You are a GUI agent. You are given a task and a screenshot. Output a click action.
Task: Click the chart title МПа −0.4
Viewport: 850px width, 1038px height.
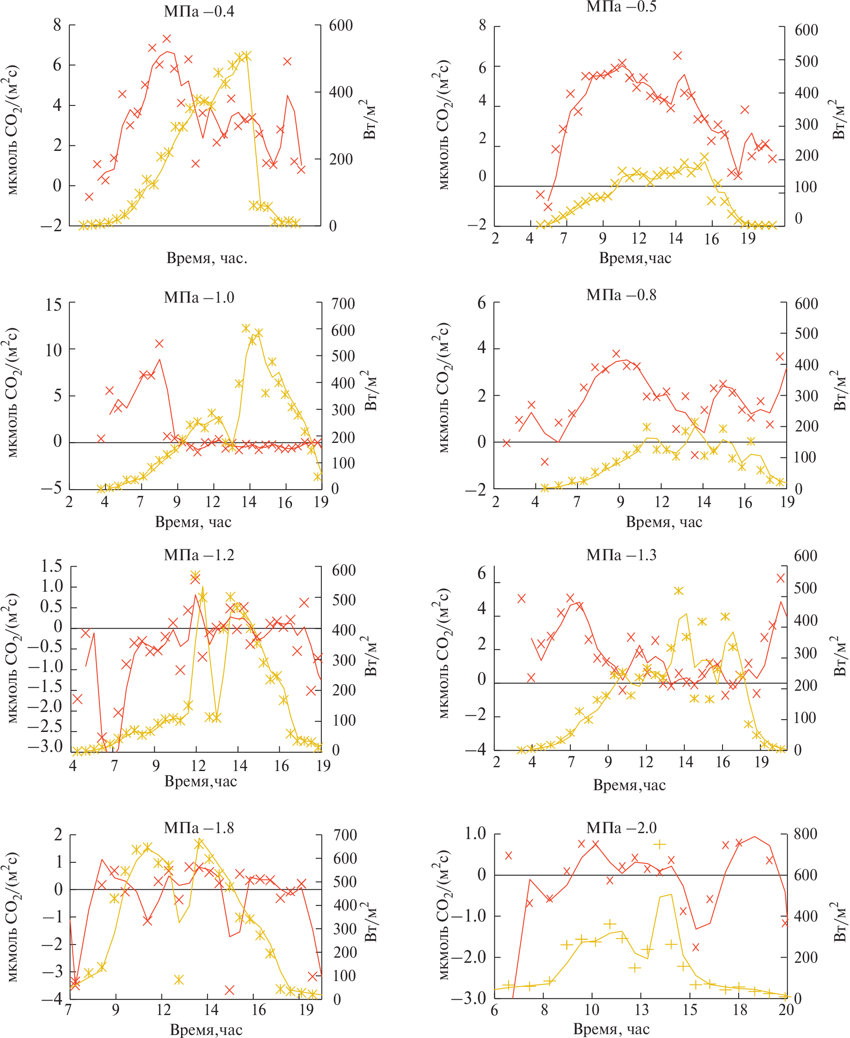[x=199, y=11]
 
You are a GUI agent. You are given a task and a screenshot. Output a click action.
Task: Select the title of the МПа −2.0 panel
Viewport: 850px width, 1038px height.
[x=621, y=828]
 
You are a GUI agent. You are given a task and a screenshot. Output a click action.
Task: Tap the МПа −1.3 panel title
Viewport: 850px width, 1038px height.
[x=621, y=555]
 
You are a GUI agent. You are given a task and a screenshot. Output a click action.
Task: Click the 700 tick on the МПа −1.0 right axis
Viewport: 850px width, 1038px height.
[x=343, y=303]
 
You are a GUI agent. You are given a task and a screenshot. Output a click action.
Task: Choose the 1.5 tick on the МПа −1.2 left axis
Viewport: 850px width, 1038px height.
[x=52, y=566]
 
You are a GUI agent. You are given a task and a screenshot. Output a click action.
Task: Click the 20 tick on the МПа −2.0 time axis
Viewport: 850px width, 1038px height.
[x=786, y=1010]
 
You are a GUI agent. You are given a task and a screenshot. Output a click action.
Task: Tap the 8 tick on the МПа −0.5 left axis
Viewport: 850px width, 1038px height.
[x=482, y=25]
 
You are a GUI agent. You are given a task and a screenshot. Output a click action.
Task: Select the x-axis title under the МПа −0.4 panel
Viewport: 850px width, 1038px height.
[x=207, y=258]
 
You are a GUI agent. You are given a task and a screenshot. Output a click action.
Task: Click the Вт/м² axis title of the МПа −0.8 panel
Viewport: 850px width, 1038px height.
[x=840, y=390]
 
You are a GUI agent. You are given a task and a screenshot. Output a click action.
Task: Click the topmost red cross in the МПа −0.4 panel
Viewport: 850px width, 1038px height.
[x=167, y=39]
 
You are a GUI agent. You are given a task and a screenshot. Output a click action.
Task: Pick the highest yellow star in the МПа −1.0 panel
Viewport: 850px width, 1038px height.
[x=246, y=328]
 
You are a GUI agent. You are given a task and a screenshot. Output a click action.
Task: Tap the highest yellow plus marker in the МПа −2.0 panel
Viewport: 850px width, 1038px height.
[x=659, y=844]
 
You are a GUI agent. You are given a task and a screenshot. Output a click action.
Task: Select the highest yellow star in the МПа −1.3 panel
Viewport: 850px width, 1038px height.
[x=678, y=591]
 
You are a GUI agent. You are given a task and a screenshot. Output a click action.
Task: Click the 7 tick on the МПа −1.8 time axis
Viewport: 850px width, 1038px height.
[x=68, y=1010]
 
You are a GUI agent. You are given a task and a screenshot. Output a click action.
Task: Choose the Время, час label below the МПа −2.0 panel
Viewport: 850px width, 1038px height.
[x=612, y=1029]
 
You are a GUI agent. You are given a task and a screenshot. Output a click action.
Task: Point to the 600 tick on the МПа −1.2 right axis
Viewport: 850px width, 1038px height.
[x=344, y=570]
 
